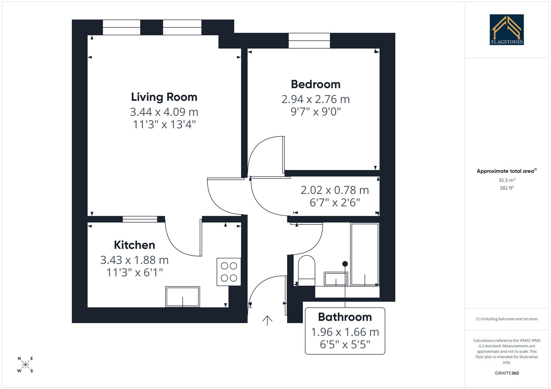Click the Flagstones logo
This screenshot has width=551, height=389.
[507, 30]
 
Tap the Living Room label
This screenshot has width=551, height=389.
[164, 97]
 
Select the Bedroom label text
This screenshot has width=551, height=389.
[315, 84]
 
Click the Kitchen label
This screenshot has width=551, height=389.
[134, 245]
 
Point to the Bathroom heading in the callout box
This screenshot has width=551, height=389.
[345, 317]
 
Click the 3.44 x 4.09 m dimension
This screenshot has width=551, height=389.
[164, 112]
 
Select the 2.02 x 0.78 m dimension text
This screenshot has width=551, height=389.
[334, 190]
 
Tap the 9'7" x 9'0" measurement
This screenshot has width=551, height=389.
[315, 112]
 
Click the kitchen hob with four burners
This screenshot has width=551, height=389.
[229, 272]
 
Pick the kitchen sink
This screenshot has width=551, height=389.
[183, 297]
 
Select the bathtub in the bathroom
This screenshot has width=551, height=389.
[365, 254]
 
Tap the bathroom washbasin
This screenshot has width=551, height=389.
[336, 279]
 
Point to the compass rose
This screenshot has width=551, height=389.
[25, 365]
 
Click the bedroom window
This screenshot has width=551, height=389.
[309, 40]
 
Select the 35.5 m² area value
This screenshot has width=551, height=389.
[507, 180]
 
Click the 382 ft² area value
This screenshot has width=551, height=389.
[507, 188]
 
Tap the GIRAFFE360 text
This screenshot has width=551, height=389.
[507, 373]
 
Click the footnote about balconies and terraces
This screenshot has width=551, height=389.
[507, 319]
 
